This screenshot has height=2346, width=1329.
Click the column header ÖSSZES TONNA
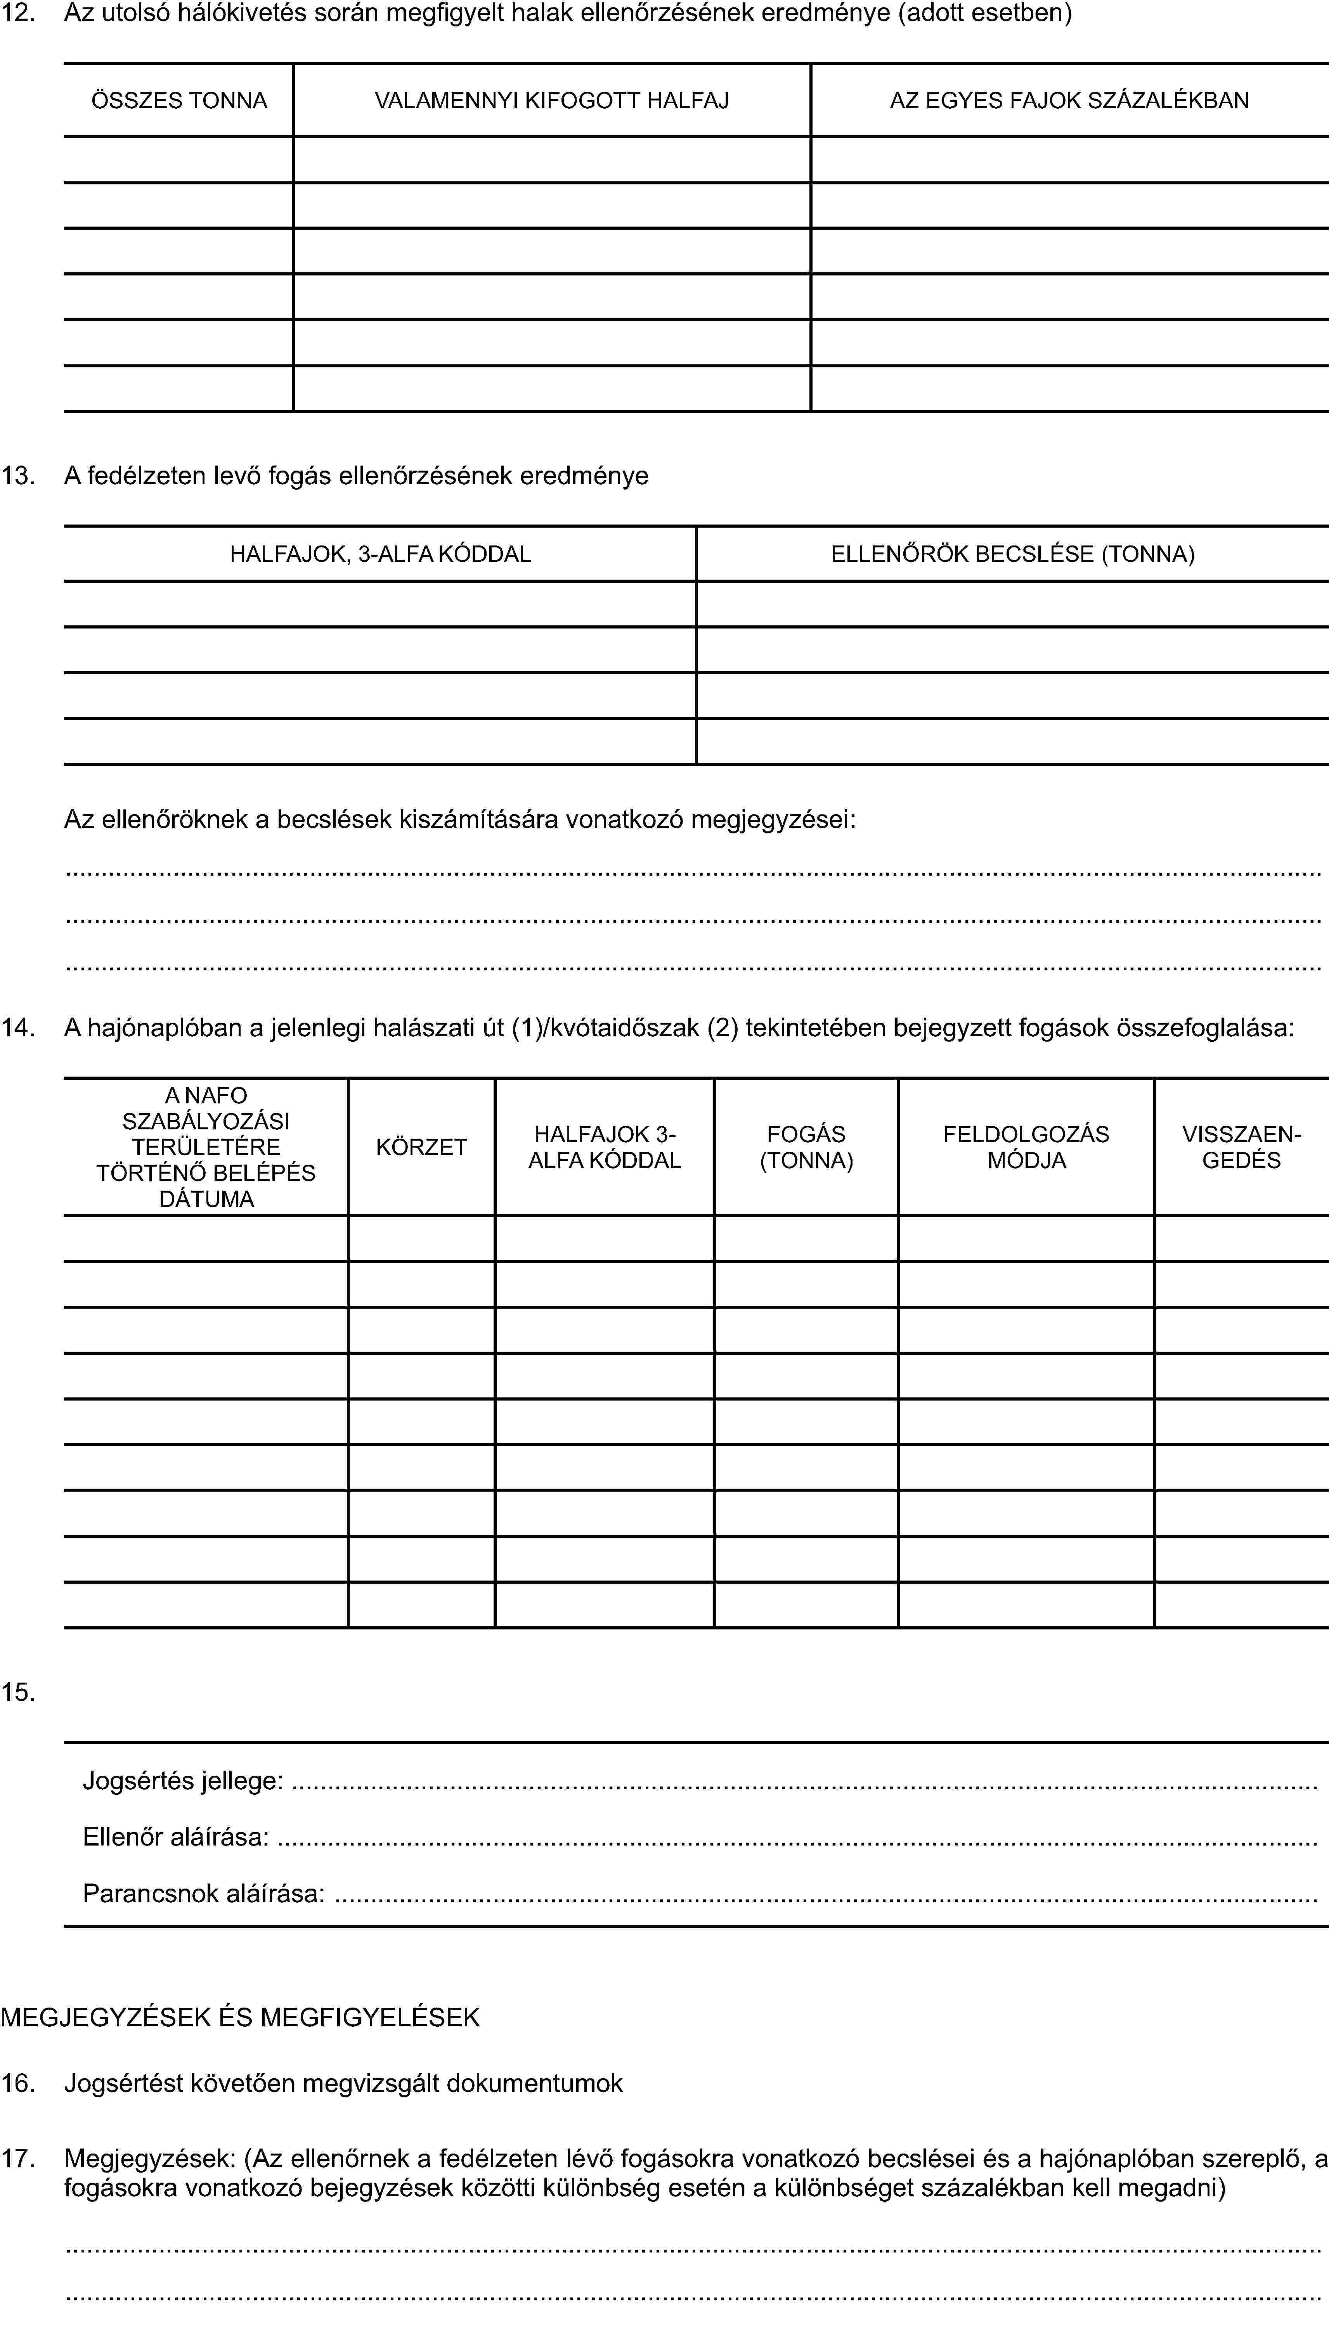pos(179,100)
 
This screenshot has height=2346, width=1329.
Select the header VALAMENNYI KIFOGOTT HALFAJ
pos(551,100)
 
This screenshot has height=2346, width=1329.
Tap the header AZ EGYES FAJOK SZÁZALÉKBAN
pos(1069,100)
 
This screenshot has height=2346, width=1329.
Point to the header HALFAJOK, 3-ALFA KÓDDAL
pos(380,554)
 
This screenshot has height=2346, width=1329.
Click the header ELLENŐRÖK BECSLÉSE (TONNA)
pos(1012,554)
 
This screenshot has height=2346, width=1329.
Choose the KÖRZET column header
pos(421,1147)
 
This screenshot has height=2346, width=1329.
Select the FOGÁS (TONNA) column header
pos(806,1147)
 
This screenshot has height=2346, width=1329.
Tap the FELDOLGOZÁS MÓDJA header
pos(1026,1147)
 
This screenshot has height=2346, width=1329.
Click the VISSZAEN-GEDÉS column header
pos(1241,1147)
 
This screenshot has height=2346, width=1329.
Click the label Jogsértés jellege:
pos(182,1780)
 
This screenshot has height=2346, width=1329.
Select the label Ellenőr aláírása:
pos(175,1837)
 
